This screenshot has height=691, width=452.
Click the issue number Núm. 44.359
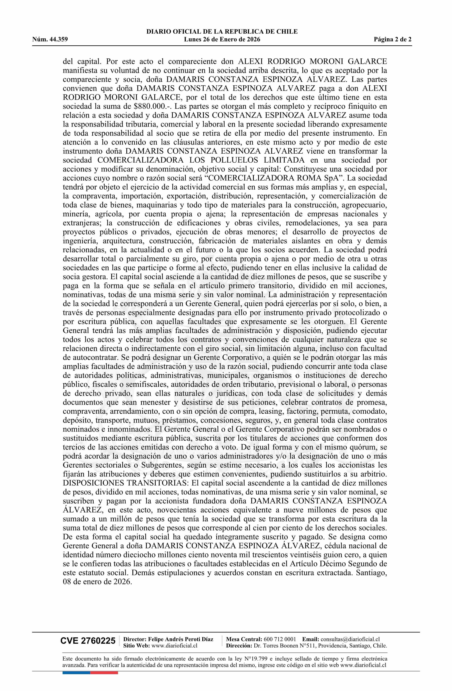tap(50, 40)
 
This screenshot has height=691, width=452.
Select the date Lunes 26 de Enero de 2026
tap(222, 40)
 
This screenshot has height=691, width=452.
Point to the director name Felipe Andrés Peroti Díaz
tap(180, 639)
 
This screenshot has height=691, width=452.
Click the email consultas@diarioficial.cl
tap(350, 639)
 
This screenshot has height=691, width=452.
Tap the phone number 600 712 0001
tap(280, 639)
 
